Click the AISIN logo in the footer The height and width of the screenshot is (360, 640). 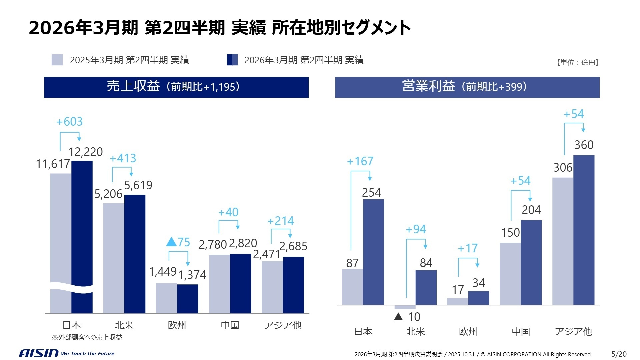click(39, 353)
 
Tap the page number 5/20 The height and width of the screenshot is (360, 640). click(619, 354)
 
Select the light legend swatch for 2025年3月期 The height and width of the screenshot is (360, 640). click(57, 60)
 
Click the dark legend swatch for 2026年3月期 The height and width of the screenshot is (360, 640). click(232, 60)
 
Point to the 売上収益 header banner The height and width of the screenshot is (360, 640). click(176, 87)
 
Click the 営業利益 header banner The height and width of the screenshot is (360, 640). click(467, 87)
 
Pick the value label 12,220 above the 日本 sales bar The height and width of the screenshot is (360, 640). click(86, 152)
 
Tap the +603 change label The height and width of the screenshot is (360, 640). click(69, 122)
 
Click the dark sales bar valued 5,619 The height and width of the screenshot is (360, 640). click(135, 253)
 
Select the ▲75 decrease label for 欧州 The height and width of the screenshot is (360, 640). click(178, 242)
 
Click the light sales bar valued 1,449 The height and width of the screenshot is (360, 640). click(166, 298)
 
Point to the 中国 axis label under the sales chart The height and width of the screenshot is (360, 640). click(230, 325)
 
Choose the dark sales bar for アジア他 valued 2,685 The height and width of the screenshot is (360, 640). click(293, 285)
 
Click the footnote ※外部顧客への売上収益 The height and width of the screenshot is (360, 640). click(87, 337)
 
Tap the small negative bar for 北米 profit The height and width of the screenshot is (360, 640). click(405, 307)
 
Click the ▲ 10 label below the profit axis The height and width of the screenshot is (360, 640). click(407, 317)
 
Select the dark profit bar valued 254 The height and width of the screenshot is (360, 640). click(373, 252)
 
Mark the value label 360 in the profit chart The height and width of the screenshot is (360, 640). click(584, 145)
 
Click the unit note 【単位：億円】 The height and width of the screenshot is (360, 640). click(577, 62)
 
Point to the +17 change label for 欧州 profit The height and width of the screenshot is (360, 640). click(468, 248)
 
